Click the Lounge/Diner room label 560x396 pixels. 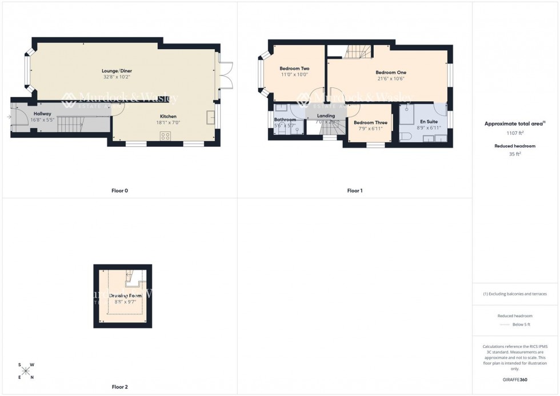point(117,71)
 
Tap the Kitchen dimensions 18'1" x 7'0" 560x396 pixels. point(168,122)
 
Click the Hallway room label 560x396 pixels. point(42,114)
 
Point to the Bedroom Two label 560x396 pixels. point(294,69)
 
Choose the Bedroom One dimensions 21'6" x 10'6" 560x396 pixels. point(391,79)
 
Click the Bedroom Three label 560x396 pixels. point(370,122)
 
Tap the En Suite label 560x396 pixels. point(429,122)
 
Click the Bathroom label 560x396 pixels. point(285,119)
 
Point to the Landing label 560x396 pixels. point(326,116)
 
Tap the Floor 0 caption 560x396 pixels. point(119,190)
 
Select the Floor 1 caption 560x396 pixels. point(355,190)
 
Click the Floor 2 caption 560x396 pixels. point(119,387)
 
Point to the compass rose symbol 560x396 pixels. point(26,371)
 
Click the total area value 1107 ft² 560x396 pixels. point(515,133)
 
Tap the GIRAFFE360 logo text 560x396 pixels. point(515,379)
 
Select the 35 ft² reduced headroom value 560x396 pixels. point(515,154)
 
